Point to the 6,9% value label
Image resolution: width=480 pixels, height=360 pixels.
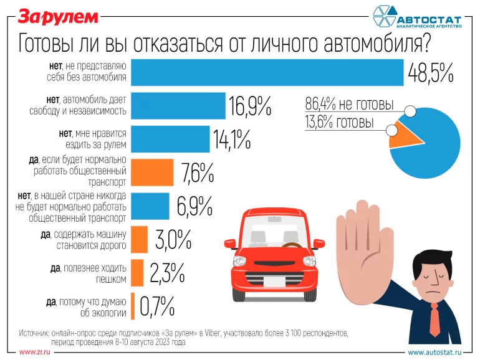[x=194, y=207]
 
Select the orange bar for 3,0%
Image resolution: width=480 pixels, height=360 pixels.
[x=141, y=239]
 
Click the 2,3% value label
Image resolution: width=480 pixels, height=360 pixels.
[x=166, y=272]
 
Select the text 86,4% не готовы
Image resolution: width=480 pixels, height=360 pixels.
[x=350, y=104]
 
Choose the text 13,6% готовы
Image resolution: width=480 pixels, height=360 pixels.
[x=340, y=123]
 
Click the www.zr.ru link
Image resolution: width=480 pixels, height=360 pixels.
[x=34, y=352]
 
